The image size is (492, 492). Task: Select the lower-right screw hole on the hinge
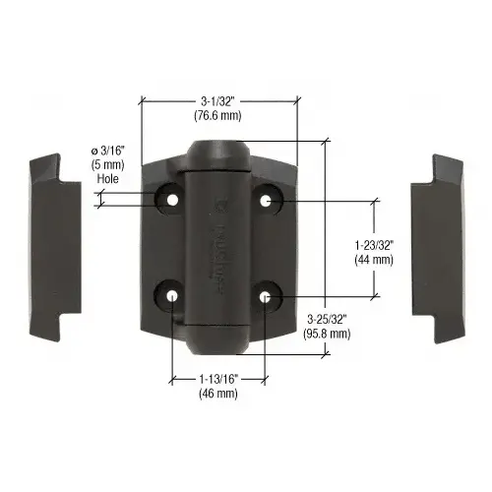pos(267,295)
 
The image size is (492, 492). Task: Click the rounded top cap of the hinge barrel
pos(216,157)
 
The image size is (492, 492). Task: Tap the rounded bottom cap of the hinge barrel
pos(215,339)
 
